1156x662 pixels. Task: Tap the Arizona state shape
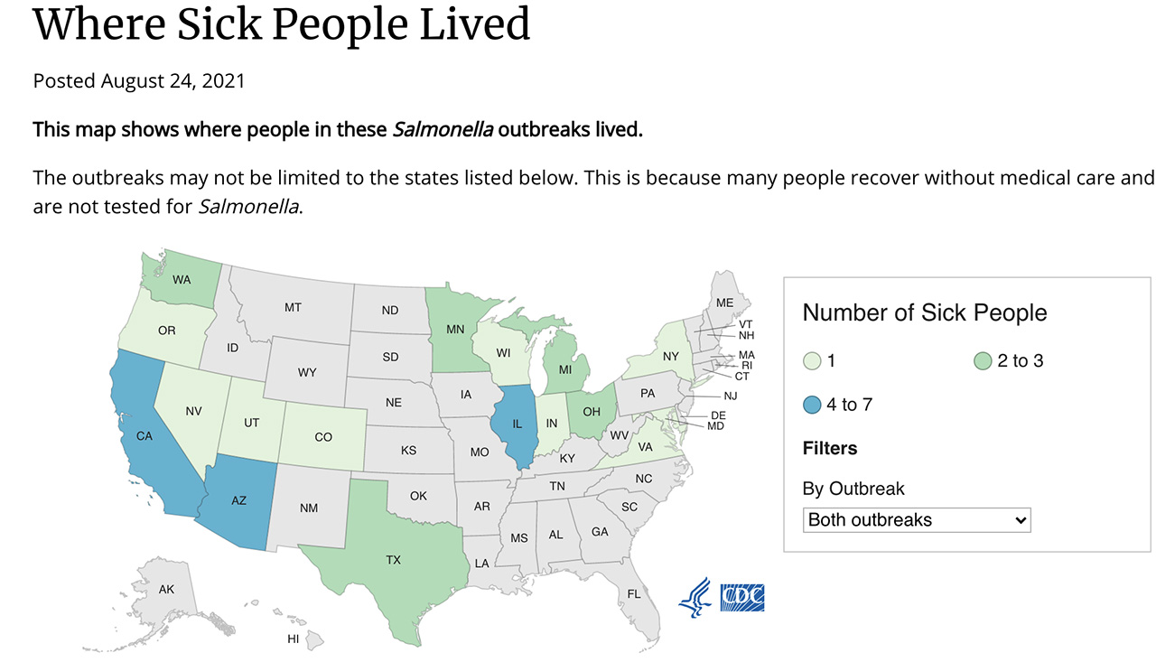tap(239, 502)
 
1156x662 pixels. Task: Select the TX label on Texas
tap(393, 560)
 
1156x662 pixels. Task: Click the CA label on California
tap(144, 435)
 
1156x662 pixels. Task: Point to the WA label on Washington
tap(182, 279)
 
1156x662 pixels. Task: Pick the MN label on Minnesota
tap(455, 330)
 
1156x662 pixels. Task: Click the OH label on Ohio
tap(592, 412)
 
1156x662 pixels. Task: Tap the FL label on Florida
tap(634, 593)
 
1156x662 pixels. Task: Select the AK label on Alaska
tap(166, 589)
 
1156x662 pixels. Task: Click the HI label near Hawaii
tap(293, 639)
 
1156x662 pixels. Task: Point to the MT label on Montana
tap(293, 307)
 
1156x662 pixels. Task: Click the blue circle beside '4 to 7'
tap(812, 405)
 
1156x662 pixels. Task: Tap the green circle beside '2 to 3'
tap(984, 361)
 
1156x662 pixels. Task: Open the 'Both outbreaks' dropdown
tap(916, 520)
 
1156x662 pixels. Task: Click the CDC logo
tap(742, 597)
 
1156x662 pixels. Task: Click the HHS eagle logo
tap(695, 597)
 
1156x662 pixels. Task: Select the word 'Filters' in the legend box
tap(830, 448)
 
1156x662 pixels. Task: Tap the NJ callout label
tap(731, 396)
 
